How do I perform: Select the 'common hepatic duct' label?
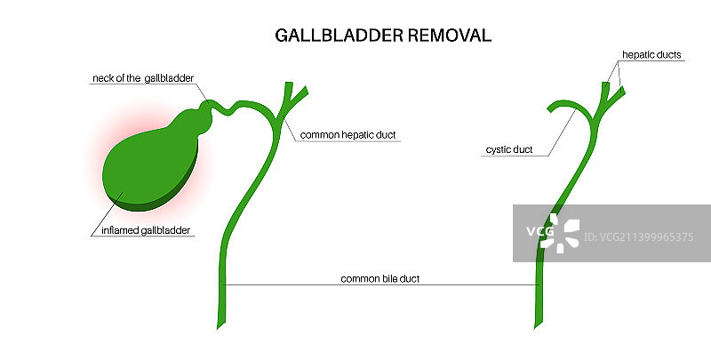click(348, 135)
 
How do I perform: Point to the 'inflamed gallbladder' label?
click(143, 231)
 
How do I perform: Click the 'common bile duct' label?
click(379, 278)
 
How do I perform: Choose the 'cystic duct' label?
click(509, 149)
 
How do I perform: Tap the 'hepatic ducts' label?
click(651, 55)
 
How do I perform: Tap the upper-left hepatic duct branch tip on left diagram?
click(285, 85)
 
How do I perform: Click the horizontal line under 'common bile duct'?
click(379, 284)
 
